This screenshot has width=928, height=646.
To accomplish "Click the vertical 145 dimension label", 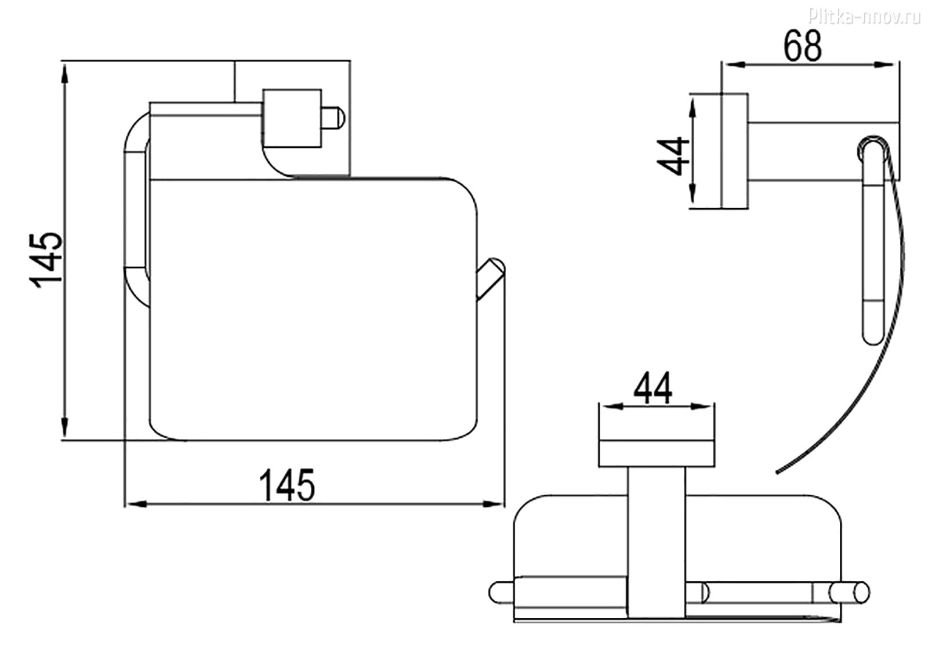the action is [46, 260].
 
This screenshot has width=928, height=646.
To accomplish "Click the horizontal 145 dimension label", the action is [287, 485].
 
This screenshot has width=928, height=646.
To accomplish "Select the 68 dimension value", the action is [803, 46].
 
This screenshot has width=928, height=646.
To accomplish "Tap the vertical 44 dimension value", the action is [673, 156].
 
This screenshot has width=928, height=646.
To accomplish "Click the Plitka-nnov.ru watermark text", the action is [864, 17].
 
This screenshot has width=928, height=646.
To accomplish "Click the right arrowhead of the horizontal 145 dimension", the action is [493, 504].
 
